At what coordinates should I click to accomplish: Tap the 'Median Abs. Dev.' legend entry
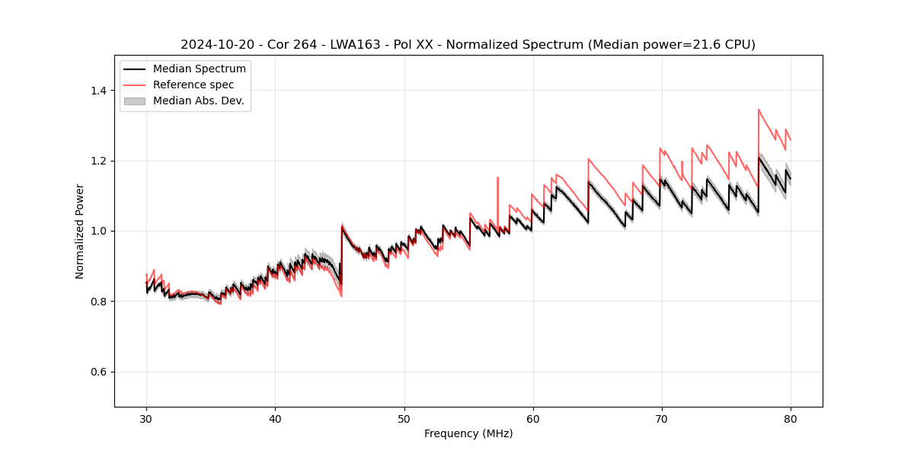[198, 101]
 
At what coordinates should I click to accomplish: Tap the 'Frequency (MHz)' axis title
[468, 433]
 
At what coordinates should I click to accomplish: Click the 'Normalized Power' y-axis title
[80, 231]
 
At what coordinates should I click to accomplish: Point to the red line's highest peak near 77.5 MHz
[759, 110]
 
